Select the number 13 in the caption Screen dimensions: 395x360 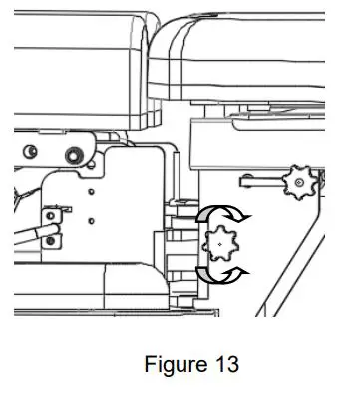point(224,365)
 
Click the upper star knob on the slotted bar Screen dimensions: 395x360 point(295,183)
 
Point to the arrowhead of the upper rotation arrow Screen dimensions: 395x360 point(246,213)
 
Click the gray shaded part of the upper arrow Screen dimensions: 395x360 point(208,214)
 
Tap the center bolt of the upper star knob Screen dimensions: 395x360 point(295,183)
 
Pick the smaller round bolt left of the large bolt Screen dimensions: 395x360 point(34,151)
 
